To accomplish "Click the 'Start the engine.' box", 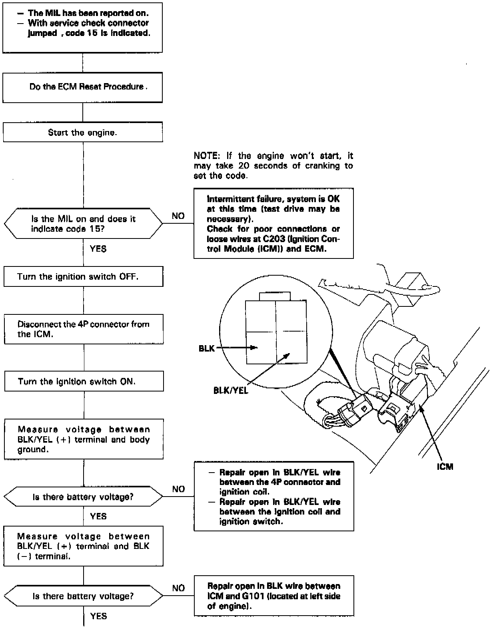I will tap(83, 132).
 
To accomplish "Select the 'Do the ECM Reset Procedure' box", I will tap(83, 87).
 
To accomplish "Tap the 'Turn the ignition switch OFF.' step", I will tap(84, 276).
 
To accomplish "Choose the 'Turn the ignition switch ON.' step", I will tap(84, 381).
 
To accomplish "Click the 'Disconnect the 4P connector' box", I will tap(84, 329).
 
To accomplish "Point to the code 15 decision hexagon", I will tap(83, 224).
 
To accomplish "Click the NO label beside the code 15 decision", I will tap(178, 216).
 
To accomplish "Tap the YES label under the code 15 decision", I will tap(98, 249).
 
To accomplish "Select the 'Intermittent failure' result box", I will tap(273, 223).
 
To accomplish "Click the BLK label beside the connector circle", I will tap(206, 348).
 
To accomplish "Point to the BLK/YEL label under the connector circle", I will tap(231, 391).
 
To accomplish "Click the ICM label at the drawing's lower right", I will tap(445, 467).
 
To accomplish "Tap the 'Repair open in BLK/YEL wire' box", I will tap(274, 497).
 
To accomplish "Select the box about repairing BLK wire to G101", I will tap(274, 596).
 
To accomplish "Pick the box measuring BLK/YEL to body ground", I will tap(84, 439).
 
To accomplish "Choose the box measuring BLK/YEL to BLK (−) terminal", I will tap(84, 546).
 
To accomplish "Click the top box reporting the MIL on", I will tap(83, 28).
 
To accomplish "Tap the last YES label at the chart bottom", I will tap(98, 616).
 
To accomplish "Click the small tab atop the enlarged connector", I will tap(275, 296).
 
